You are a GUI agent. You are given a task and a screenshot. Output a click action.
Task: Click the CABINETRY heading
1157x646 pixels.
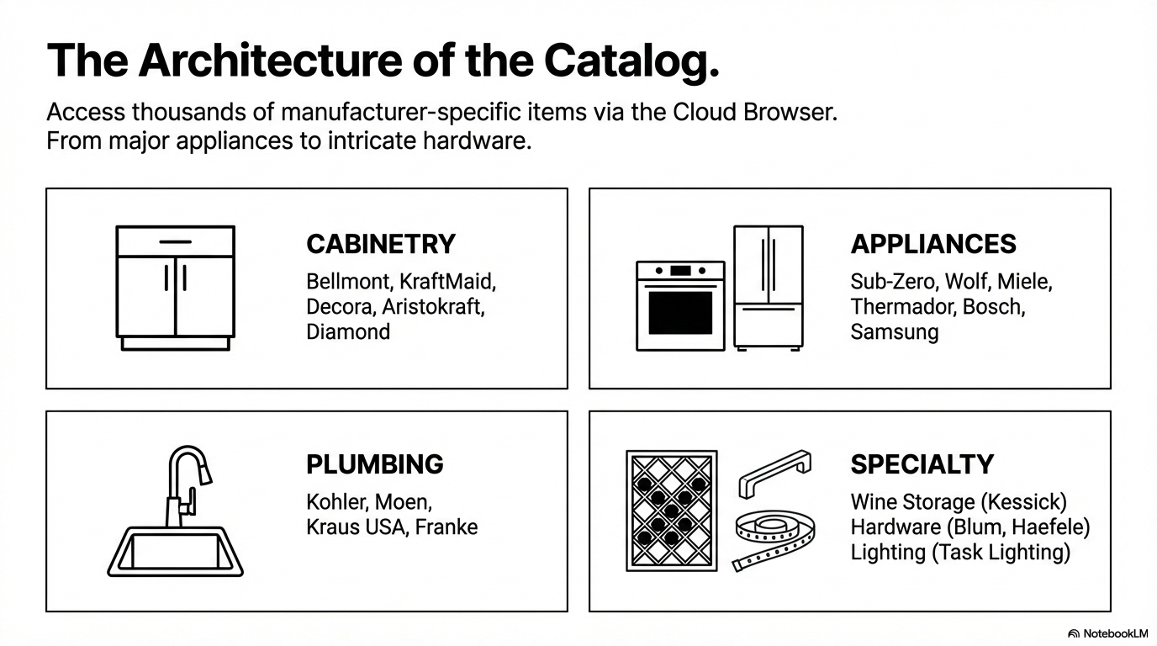tap(381, 244)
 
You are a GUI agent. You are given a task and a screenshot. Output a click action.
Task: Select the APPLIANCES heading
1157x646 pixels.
tap(933, 244)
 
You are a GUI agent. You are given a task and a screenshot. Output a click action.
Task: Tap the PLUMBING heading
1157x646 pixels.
tap(374, 464)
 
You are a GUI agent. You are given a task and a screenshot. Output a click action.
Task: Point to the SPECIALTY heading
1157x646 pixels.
tap(922, 464)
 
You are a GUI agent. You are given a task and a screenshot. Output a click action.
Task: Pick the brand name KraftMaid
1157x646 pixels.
tap(447, 282)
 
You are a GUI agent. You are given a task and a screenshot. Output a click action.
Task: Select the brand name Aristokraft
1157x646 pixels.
tap(433, 307)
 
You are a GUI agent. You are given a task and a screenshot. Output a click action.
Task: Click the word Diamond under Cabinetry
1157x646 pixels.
tap(348, 331)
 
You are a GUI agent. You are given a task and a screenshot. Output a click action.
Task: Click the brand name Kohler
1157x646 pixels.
tap(337, 502)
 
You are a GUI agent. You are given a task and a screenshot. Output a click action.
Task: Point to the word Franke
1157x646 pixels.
tap(446, 527)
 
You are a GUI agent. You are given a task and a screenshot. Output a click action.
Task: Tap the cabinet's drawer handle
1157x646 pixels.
tap(175, 242)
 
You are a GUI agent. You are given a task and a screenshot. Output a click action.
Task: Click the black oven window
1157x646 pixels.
tap(680, 313)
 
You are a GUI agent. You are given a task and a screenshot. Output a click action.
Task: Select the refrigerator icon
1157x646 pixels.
tap(769, 288)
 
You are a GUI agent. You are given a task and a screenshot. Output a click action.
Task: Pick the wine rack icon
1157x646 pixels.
tap(672, 511)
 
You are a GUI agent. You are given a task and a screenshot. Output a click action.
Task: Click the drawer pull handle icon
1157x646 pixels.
tap(774, 473)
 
